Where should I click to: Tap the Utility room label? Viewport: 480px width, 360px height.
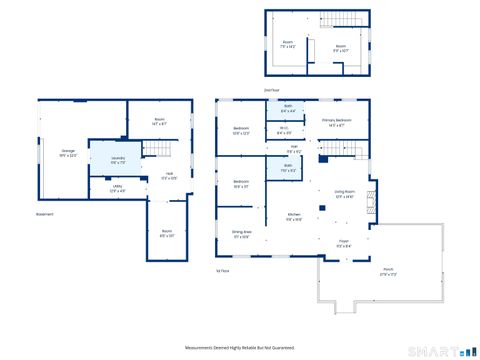click(102, 189)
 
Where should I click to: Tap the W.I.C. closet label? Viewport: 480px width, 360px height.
click(283, 130)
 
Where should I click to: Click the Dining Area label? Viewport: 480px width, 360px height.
click(241, 236)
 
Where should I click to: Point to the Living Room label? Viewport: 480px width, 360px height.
click(345, 196)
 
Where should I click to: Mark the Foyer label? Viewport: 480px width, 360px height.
click(343, 242)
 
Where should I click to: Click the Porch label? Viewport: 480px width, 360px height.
click(387, 271)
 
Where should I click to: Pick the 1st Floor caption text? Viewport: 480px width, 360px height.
click(223, 270)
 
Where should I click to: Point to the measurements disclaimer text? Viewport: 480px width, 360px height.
click(239, 347)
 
